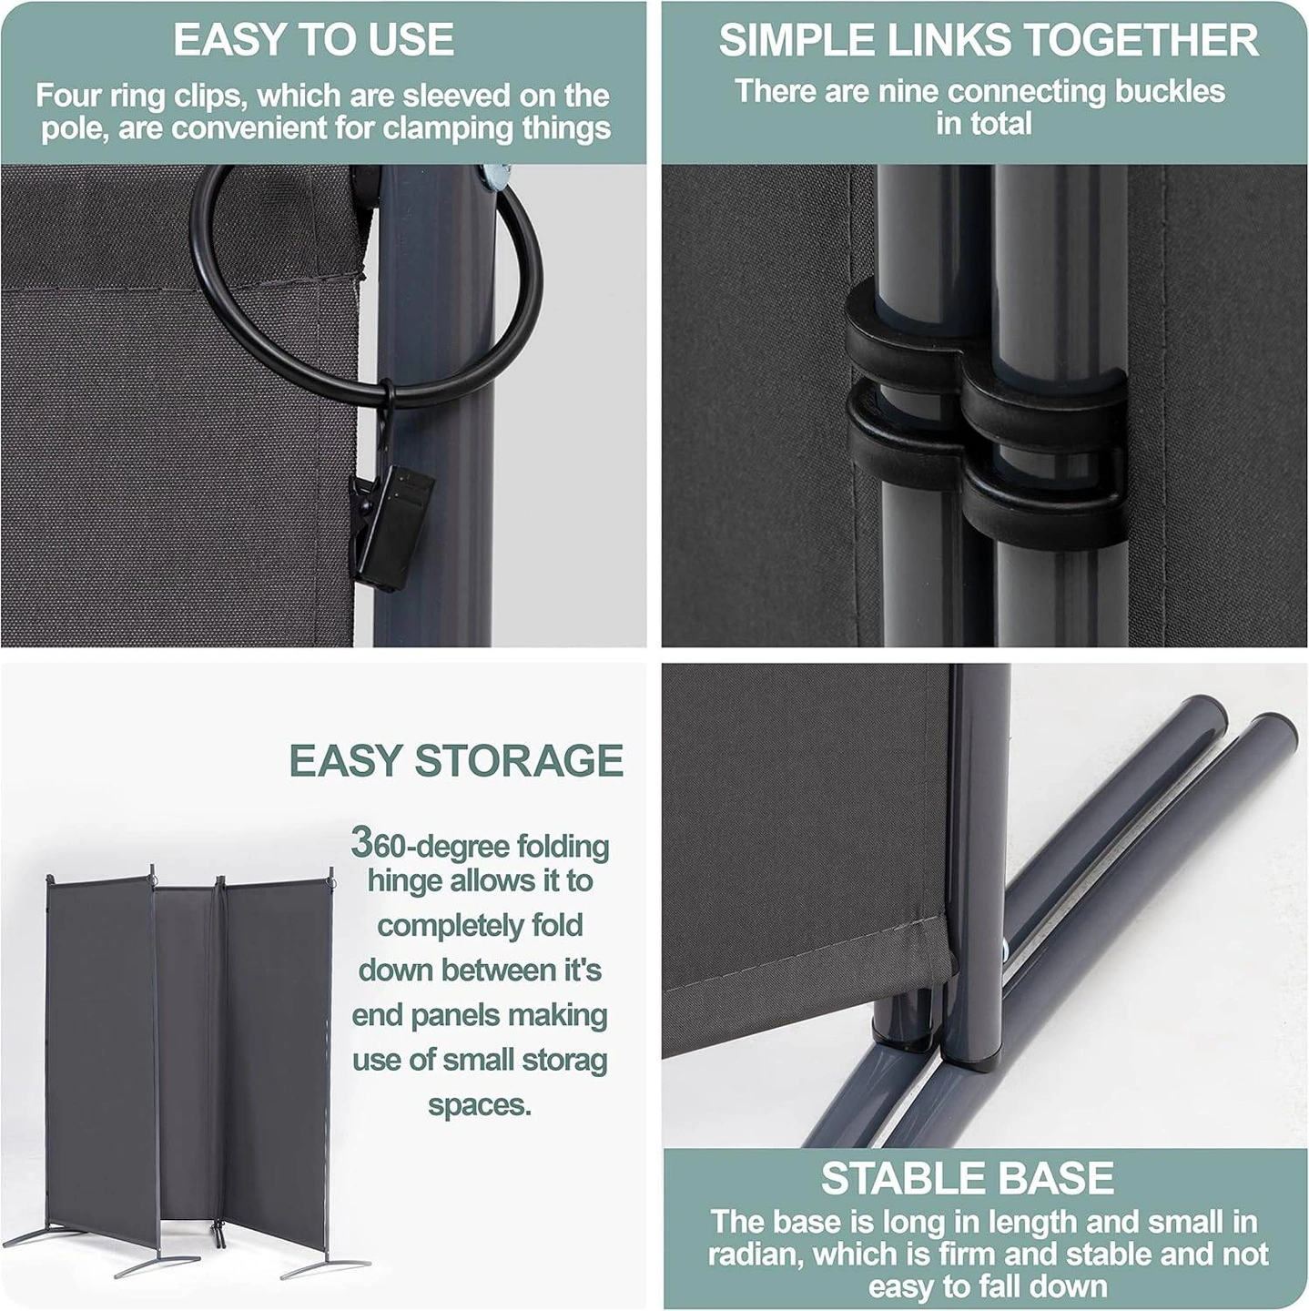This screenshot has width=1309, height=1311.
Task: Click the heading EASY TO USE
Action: pyautogui.click(x=314, y=39)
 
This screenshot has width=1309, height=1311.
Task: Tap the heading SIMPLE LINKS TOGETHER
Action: pyautogui.click(x=989, y=39)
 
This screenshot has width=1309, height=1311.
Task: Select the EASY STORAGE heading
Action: pyautogui.click(x=457, y=760)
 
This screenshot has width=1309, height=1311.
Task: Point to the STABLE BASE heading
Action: pyautogui.click(x=967, y=1178)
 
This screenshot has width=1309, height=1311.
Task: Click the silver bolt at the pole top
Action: pyautogui.click(x=494, y=178)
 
